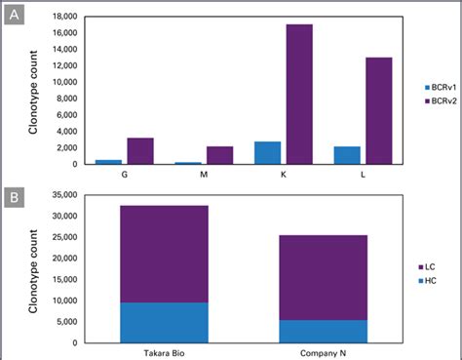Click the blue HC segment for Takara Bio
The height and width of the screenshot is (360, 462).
pyautogui.click(x=162, y=322)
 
